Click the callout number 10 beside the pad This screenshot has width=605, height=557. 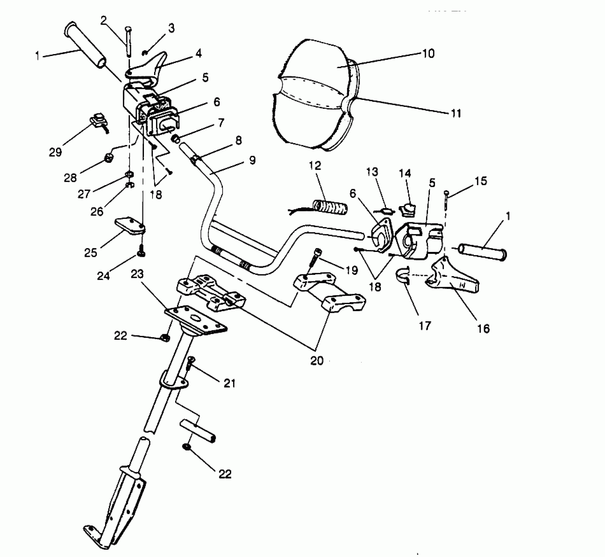[428, 53]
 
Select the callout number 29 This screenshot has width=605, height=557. [55, 152]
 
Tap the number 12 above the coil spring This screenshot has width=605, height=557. [315, 166]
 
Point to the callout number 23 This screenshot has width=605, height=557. [137, 274]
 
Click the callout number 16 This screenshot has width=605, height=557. [483, 328]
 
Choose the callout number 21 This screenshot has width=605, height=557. [230, 383]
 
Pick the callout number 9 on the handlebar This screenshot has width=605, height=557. [252, 160]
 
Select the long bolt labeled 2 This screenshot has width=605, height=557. [128, 41]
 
